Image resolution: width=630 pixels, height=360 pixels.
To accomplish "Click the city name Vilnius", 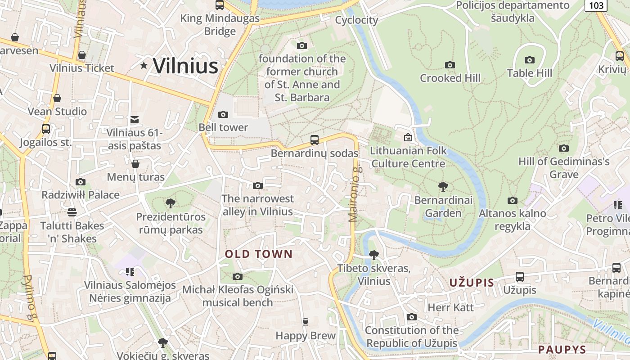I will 185,66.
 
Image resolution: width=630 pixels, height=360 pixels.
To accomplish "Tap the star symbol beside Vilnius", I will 144,66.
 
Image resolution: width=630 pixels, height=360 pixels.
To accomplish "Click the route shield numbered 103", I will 596,5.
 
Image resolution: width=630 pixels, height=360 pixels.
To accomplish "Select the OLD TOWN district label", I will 259,254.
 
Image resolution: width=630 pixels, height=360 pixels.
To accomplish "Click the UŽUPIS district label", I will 472,283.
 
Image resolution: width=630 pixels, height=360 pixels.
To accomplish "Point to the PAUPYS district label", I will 562,349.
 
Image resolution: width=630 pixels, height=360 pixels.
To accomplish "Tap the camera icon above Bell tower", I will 223,115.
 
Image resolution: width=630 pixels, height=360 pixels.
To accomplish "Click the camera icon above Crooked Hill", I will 450,65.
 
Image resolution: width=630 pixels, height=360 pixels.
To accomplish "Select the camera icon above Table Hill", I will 529,60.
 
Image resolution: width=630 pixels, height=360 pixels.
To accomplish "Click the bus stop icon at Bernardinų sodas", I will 315,140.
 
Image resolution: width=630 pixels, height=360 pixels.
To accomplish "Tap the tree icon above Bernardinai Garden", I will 443,186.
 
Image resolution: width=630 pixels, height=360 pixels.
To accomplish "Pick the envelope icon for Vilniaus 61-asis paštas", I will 135,120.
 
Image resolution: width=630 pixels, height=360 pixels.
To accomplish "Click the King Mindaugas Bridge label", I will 220,25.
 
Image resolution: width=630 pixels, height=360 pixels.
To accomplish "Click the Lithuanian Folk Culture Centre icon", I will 408,137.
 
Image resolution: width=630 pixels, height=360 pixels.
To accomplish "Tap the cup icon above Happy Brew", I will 306,322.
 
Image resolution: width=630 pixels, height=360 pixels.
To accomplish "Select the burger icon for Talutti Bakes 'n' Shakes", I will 72,212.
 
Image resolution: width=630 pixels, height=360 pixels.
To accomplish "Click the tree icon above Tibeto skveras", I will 373,255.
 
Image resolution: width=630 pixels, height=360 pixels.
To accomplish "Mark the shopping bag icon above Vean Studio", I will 57,98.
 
